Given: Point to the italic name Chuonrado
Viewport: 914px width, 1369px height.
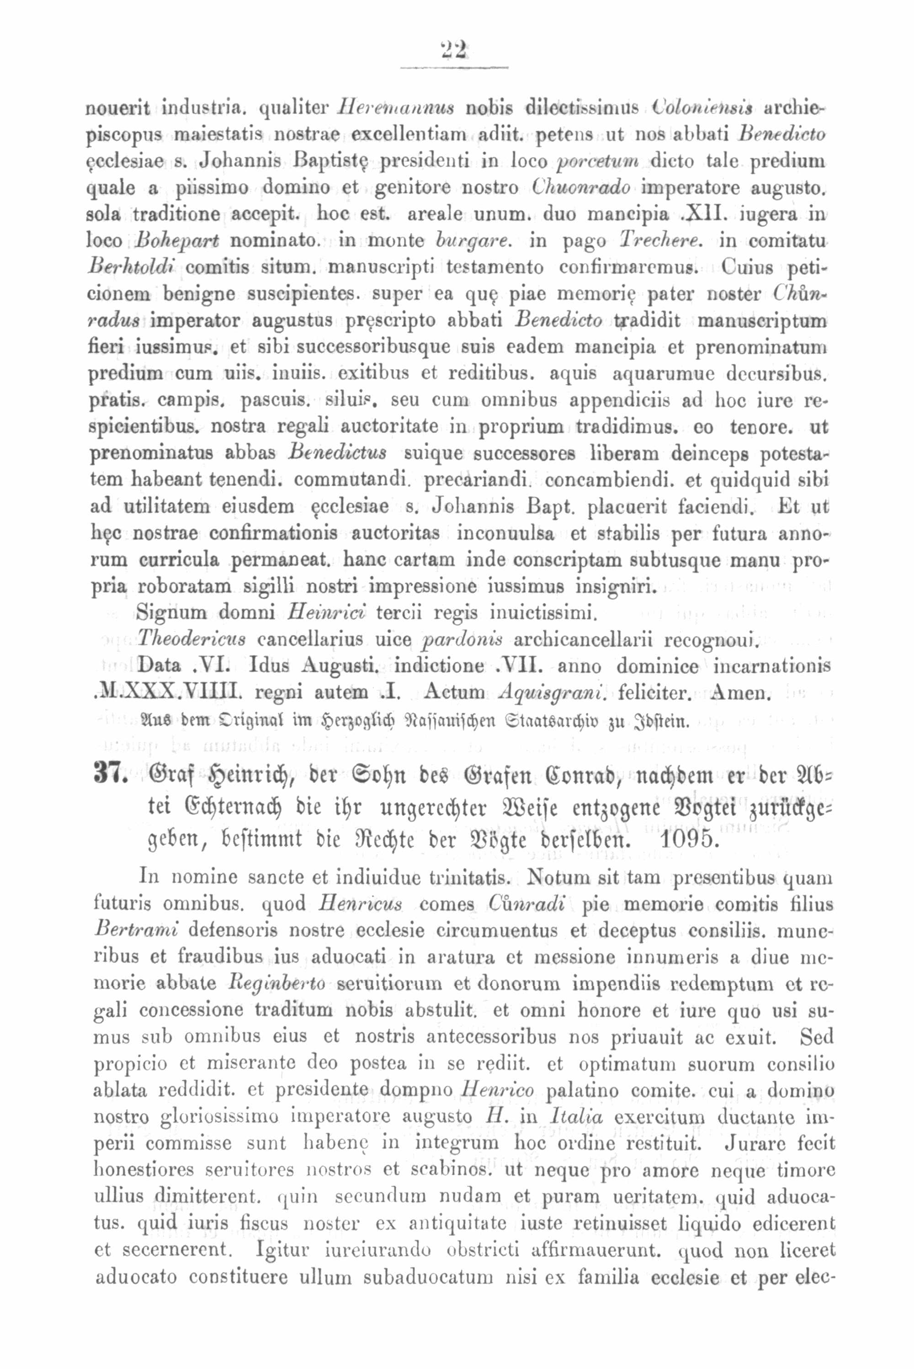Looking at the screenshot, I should [x=581, y=188].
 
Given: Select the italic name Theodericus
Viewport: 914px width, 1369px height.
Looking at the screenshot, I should [x=192, y=639].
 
